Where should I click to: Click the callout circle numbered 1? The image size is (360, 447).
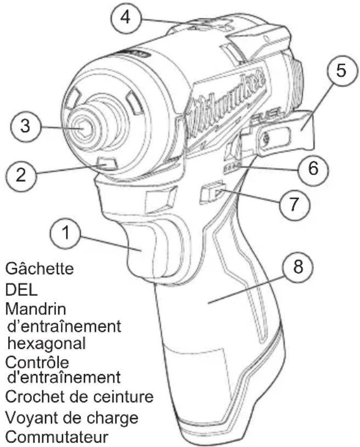click(x=65, y=233)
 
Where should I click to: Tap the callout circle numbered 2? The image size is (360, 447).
click(x=21, y=174)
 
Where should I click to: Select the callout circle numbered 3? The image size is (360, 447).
click(x=25, y=126)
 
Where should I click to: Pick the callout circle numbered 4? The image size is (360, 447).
click(x=126, y=17)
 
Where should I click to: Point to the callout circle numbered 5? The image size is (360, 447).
click(x=341, y=70)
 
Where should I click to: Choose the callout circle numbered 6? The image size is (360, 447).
click(x=313, y=168)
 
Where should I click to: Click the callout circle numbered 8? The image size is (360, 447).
click(x=297, y=267)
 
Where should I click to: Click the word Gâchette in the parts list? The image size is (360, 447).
click(x=40, y=268)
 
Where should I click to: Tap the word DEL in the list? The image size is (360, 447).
click(x=21, y=290)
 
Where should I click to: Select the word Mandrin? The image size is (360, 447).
click(x=36, y=309)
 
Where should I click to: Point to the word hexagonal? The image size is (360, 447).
click(x=46, y=343)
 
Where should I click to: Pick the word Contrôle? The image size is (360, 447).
click(x=37, y=363)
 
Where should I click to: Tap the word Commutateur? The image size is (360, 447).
click(x=57, y=437)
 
